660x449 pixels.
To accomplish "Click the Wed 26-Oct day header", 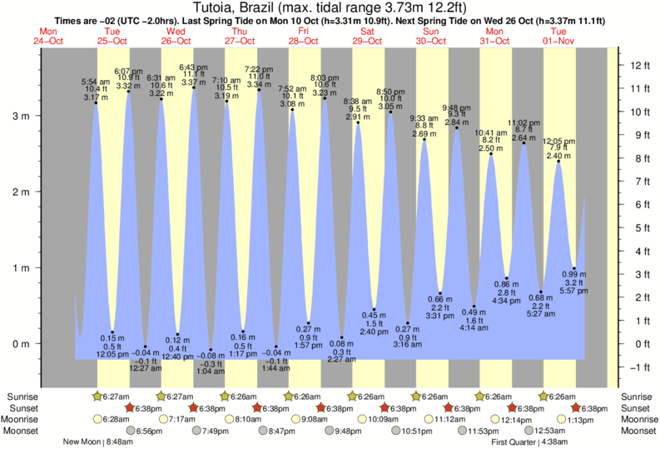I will (x=176, y=36).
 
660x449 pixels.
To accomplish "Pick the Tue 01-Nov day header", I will (x=558, y=36).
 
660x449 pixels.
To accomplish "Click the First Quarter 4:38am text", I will (x=519, y=442).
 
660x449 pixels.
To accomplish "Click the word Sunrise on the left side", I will (x=21, y=396).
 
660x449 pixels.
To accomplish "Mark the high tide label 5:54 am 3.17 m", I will (x=95, y=89).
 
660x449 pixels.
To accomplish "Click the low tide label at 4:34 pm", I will (x=507, y=292).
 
